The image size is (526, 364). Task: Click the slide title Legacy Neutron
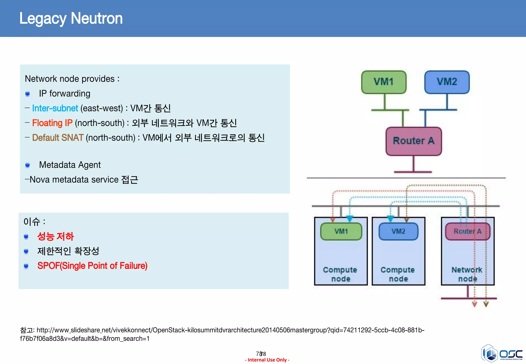pos(71,18)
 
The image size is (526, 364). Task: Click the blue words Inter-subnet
pos(55,108)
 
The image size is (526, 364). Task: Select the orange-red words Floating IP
pos(52,123)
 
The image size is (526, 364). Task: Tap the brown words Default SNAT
pos(58,138)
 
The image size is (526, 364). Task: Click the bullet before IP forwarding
pos(27,94)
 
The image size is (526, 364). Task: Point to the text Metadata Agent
pos(70,165)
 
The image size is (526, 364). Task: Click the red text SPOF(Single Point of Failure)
pos(92,266)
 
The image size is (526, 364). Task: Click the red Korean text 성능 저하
pos(55,236)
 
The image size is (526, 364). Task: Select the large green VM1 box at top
pos(384,82)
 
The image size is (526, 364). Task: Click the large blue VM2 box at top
pos(447,82)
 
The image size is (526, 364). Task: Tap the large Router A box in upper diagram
pos(414,141)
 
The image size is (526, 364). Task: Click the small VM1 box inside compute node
pos(341,231)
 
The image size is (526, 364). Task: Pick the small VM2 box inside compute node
pos(398,231)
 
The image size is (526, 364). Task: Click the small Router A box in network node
pos(467,231)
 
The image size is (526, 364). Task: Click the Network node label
pos(467,274)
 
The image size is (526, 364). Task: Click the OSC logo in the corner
pos(502,354)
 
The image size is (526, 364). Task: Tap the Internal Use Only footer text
pos(267,360)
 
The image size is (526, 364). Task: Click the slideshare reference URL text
pos(222,334)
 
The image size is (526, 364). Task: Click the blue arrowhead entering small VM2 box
pos(390,219)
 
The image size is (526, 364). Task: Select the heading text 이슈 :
pos(34,222)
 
